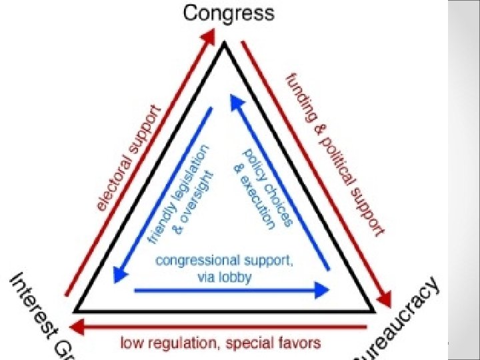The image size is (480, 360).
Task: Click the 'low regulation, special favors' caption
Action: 221,343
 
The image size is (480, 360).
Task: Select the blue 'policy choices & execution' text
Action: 263,191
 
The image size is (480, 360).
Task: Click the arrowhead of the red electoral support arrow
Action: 206,42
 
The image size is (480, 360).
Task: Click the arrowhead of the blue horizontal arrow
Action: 323,290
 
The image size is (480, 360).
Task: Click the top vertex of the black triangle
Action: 225,44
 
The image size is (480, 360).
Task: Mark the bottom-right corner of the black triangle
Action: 373,311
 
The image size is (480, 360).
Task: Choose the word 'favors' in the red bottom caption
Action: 299,343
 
